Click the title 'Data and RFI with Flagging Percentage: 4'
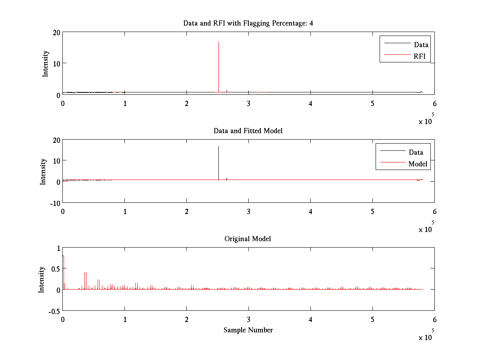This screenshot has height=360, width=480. click(x=248, y=23)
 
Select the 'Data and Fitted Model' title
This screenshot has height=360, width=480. click(x=248, y=131)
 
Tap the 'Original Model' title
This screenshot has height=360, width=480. click(x=248, y=239)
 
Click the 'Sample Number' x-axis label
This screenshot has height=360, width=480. click(x=248, y=330)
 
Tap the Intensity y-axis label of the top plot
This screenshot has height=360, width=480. click(x=46, y=63)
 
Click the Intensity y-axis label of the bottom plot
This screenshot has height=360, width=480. click(x=42, y=280)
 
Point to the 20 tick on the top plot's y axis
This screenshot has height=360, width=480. click(x=56, y=32)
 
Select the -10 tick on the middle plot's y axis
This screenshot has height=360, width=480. click(x=54, y=203)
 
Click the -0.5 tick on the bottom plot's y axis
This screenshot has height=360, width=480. click(x=54, y=311)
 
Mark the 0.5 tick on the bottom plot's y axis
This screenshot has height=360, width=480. click(x=56, y=268)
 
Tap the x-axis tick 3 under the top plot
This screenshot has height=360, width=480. click(x=248, y=104)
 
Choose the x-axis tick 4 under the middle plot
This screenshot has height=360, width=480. click(x=310, y=211)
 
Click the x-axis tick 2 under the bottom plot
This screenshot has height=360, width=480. click(x=186, y=320)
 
